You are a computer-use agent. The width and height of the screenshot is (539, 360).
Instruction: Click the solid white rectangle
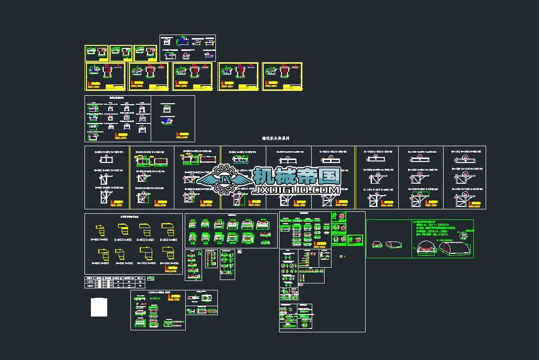tap(99, 307)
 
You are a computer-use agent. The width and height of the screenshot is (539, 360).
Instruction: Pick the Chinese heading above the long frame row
tap(279, 139)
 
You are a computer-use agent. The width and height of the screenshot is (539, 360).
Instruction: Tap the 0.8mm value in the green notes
tap(447, 235)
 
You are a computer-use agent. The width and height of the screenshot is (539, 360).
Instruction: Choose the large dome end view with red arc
tap(425, 246)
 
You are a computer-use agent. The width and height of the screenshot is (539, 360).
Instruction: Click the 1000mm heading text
tap(159, 292)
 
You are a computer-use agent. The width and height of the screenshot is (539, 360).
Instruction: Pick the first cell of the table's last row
tap(90, 286)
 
